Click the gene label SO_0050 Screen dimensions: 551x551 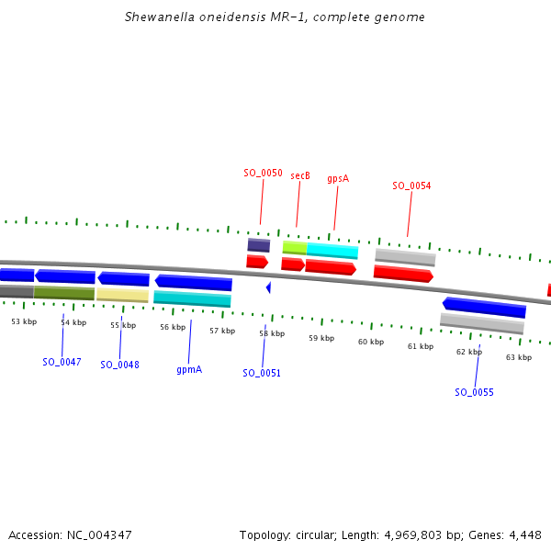(x=263, y=173)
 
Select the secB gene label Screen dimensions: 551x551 (x=300, y=175)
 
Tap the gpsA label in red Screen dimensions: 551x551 (x=338, y=179)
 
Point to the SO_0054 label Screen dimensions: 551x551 (x=411, y=186)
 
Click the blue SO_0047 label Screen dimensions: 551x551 (x=62, y=362)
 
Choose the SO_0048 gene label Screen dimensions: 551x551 (x=119, y=365)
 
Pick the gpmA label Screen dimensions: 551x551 (x=189, y=369)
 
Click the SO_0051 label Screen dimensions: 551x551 (x=262, y=373)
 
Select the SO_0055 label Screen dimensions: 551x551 (x=474, y=392)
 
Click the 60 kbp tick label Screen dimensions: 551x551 (x=371, y=342)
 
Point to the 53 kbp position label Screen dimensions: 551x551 (x=24, y=321)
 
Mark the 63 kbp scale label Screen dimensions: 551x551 (x=519, y=357)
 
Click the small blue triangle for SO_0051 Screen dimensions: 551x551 (x=268, y=287)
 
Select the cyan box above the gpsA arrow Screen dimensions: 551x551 (x=332, y=251)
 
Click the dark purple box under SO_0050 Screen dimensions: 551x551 (x=259, y=245)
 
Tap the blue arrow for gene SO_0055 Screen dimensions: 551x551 (x=483, y=307)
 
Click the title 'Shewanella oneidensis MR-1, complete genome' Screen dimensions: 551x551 (x=275, y=17)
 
